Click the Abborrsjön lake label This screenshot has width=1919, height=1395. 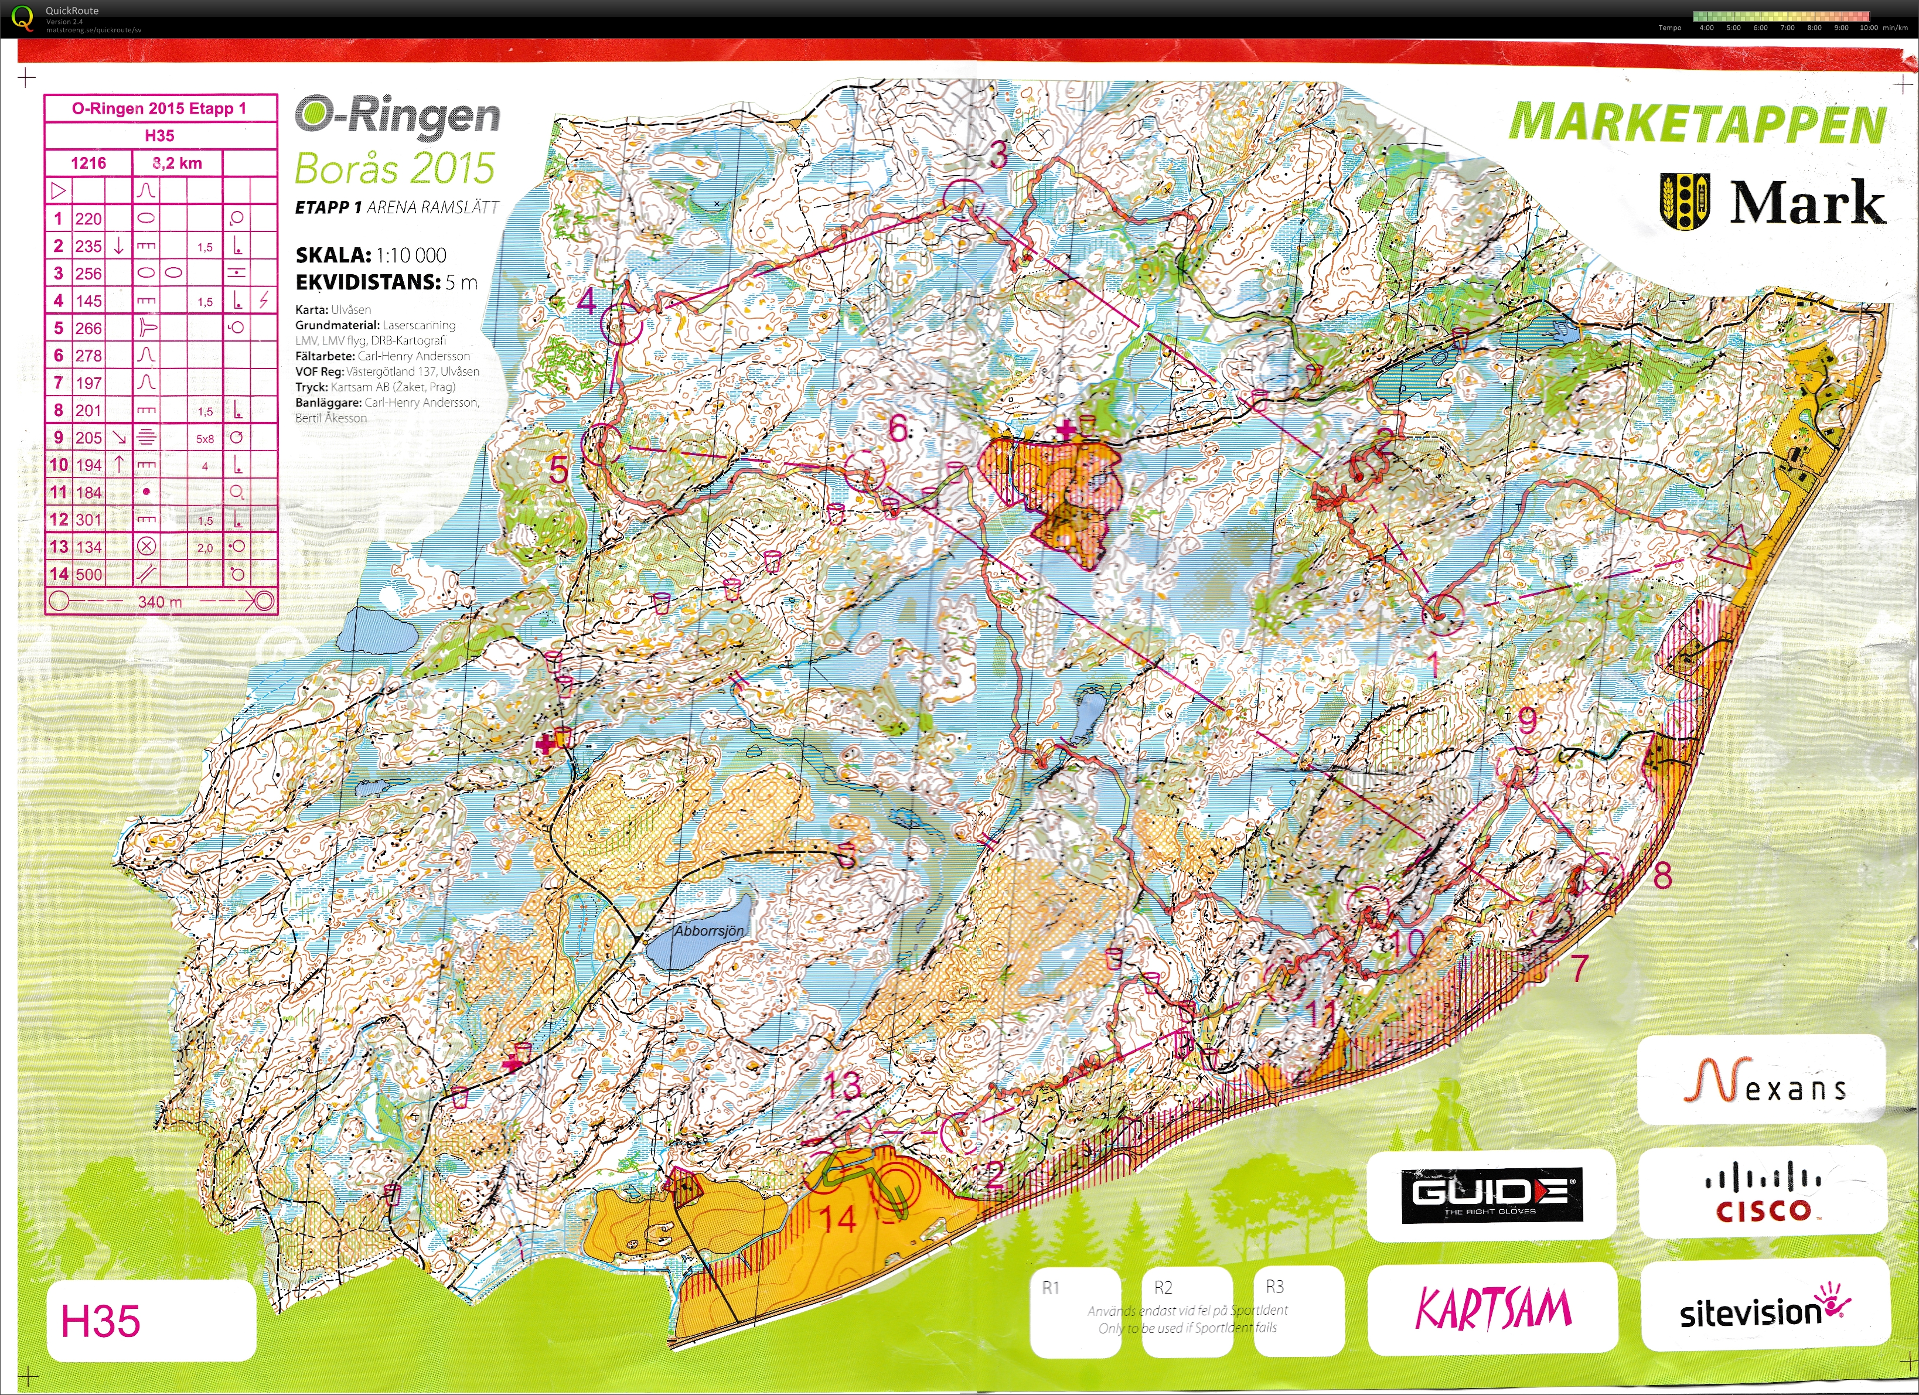point(709,930)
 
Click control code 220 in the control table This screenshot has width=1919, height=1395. point(88,219)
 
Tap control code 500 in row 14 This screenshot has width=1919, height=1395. point(88,574)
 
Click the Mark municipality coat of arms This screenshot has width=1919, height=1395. point(1685,202)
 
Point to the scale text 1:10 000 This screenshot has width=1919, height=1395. point(410,255)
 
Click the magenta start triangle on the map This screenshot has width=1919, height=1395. point(1730,548)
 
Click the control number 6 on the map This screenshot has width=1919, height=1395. point(899,428)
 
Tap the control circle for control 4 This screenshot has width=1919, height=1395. point(621,324)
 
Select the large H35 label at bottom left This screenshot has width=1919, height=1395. point(101,1321)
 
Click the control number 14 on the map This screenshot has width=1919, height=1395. point(838,1219)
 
